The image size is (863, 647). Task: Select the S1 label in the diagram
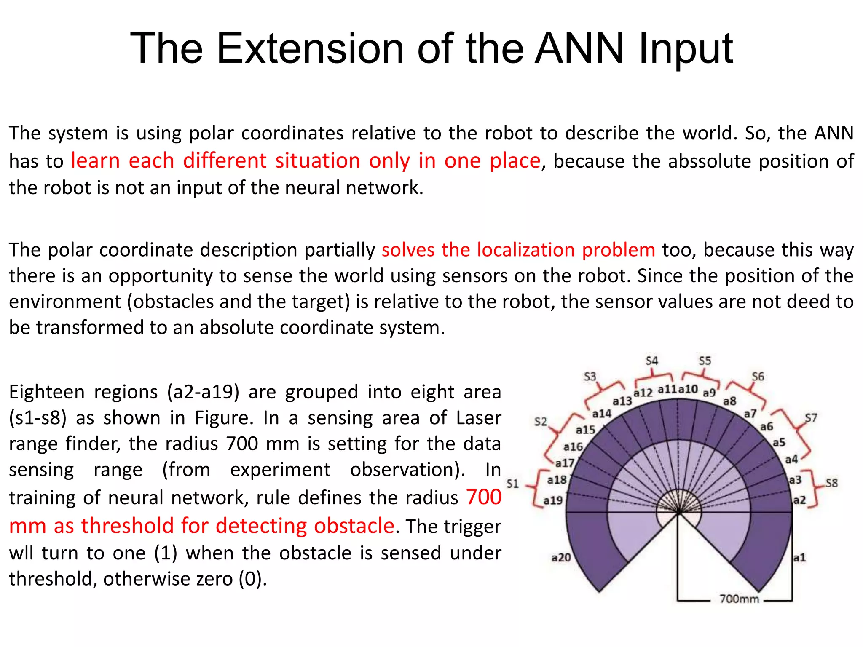[x=512, y=483]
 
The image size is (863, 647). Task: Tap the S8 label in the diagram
[x=831, y=483]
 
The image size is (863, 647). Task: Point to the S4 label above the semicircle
[x=651, y=361]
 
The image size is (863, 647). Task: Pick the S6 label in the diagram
[x=758, y=376]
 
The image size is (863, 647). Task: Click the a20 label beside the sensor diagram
[x=561, y=558]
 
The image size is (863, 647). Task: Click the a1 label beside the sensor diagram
[x=799, y=558]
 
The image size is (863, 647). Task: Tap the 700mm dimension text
[x=739, y=599]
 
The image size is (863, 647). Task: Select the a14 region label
[x=601, y=414]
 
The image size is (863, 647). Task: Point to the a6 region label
[x=767, y=427]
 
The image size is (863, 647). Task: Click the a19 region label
[x=553, y=500]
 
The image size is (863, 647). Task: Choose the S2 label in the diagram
[x=540, y=422]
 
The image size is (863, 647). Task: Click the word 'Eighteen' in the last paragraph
[x=47, y=392]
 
